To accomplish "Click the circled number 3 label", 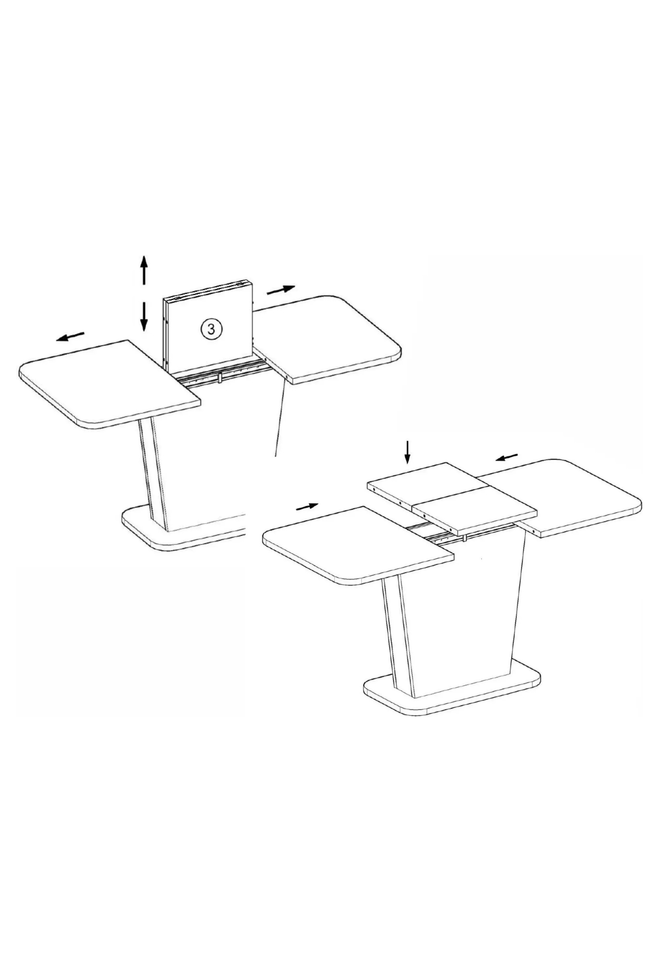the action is (211, 329).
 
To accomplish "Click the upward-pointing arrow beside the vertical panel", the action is (144, 270).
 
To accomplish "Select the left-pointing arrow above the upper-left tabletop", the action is (70, 336).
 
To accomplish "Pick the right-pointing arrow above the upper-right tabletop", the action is (281, 289).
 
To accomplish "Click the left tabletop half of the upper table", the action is (110, 384).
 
